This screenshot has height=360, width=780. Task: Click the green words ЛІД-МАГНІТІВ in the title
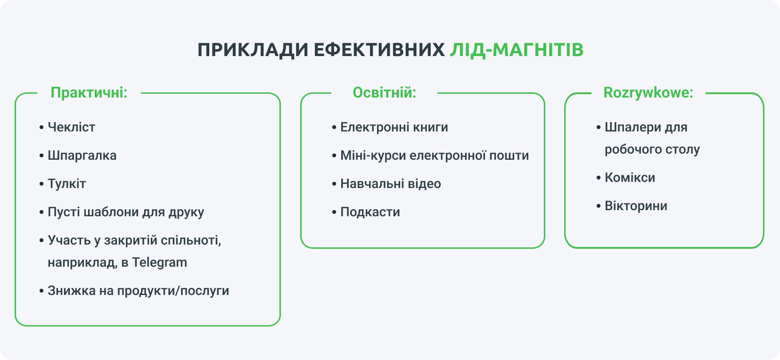point(517,50)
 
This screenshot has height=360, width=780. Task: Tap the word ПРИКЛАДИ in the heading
point(253,50)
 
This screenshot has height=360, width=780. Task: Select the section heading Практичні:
point(89,93)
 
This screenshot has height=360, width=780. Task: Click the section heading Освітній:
point(385,93)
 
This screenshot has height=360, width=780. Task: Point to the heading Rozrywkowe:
point(649,93)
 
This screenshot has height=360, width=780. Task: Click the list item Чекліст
point(71,127)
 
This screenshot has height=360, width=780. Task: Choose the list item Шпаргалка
point(82,155)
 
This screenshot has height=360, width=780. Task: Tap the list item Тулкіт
point(67,184)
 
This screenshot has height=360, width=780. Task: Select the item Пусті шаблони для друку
point(126,212)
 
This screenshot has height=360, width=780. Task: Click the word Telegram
point(159,262)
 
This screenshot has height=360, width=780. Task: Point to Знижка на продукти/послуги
point(138,291)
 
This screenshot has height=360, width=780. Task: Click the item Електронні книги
point(394,127)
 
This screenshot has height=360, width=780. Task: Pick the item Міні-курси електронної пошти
point(435,155)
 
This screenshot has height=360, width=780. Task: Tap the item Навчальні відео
point(391,184)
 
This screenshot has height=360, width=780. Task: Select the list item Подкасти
point(370,212)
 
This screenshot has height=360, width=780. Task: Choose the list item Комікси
point(630,178)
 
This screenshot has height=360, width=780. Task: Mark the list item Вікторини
point(636,206)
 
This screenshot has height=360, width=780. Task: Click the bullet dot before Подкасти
point(334,213)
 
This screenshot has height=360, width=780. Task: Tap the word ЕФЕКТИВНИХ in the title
point(379,50)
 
